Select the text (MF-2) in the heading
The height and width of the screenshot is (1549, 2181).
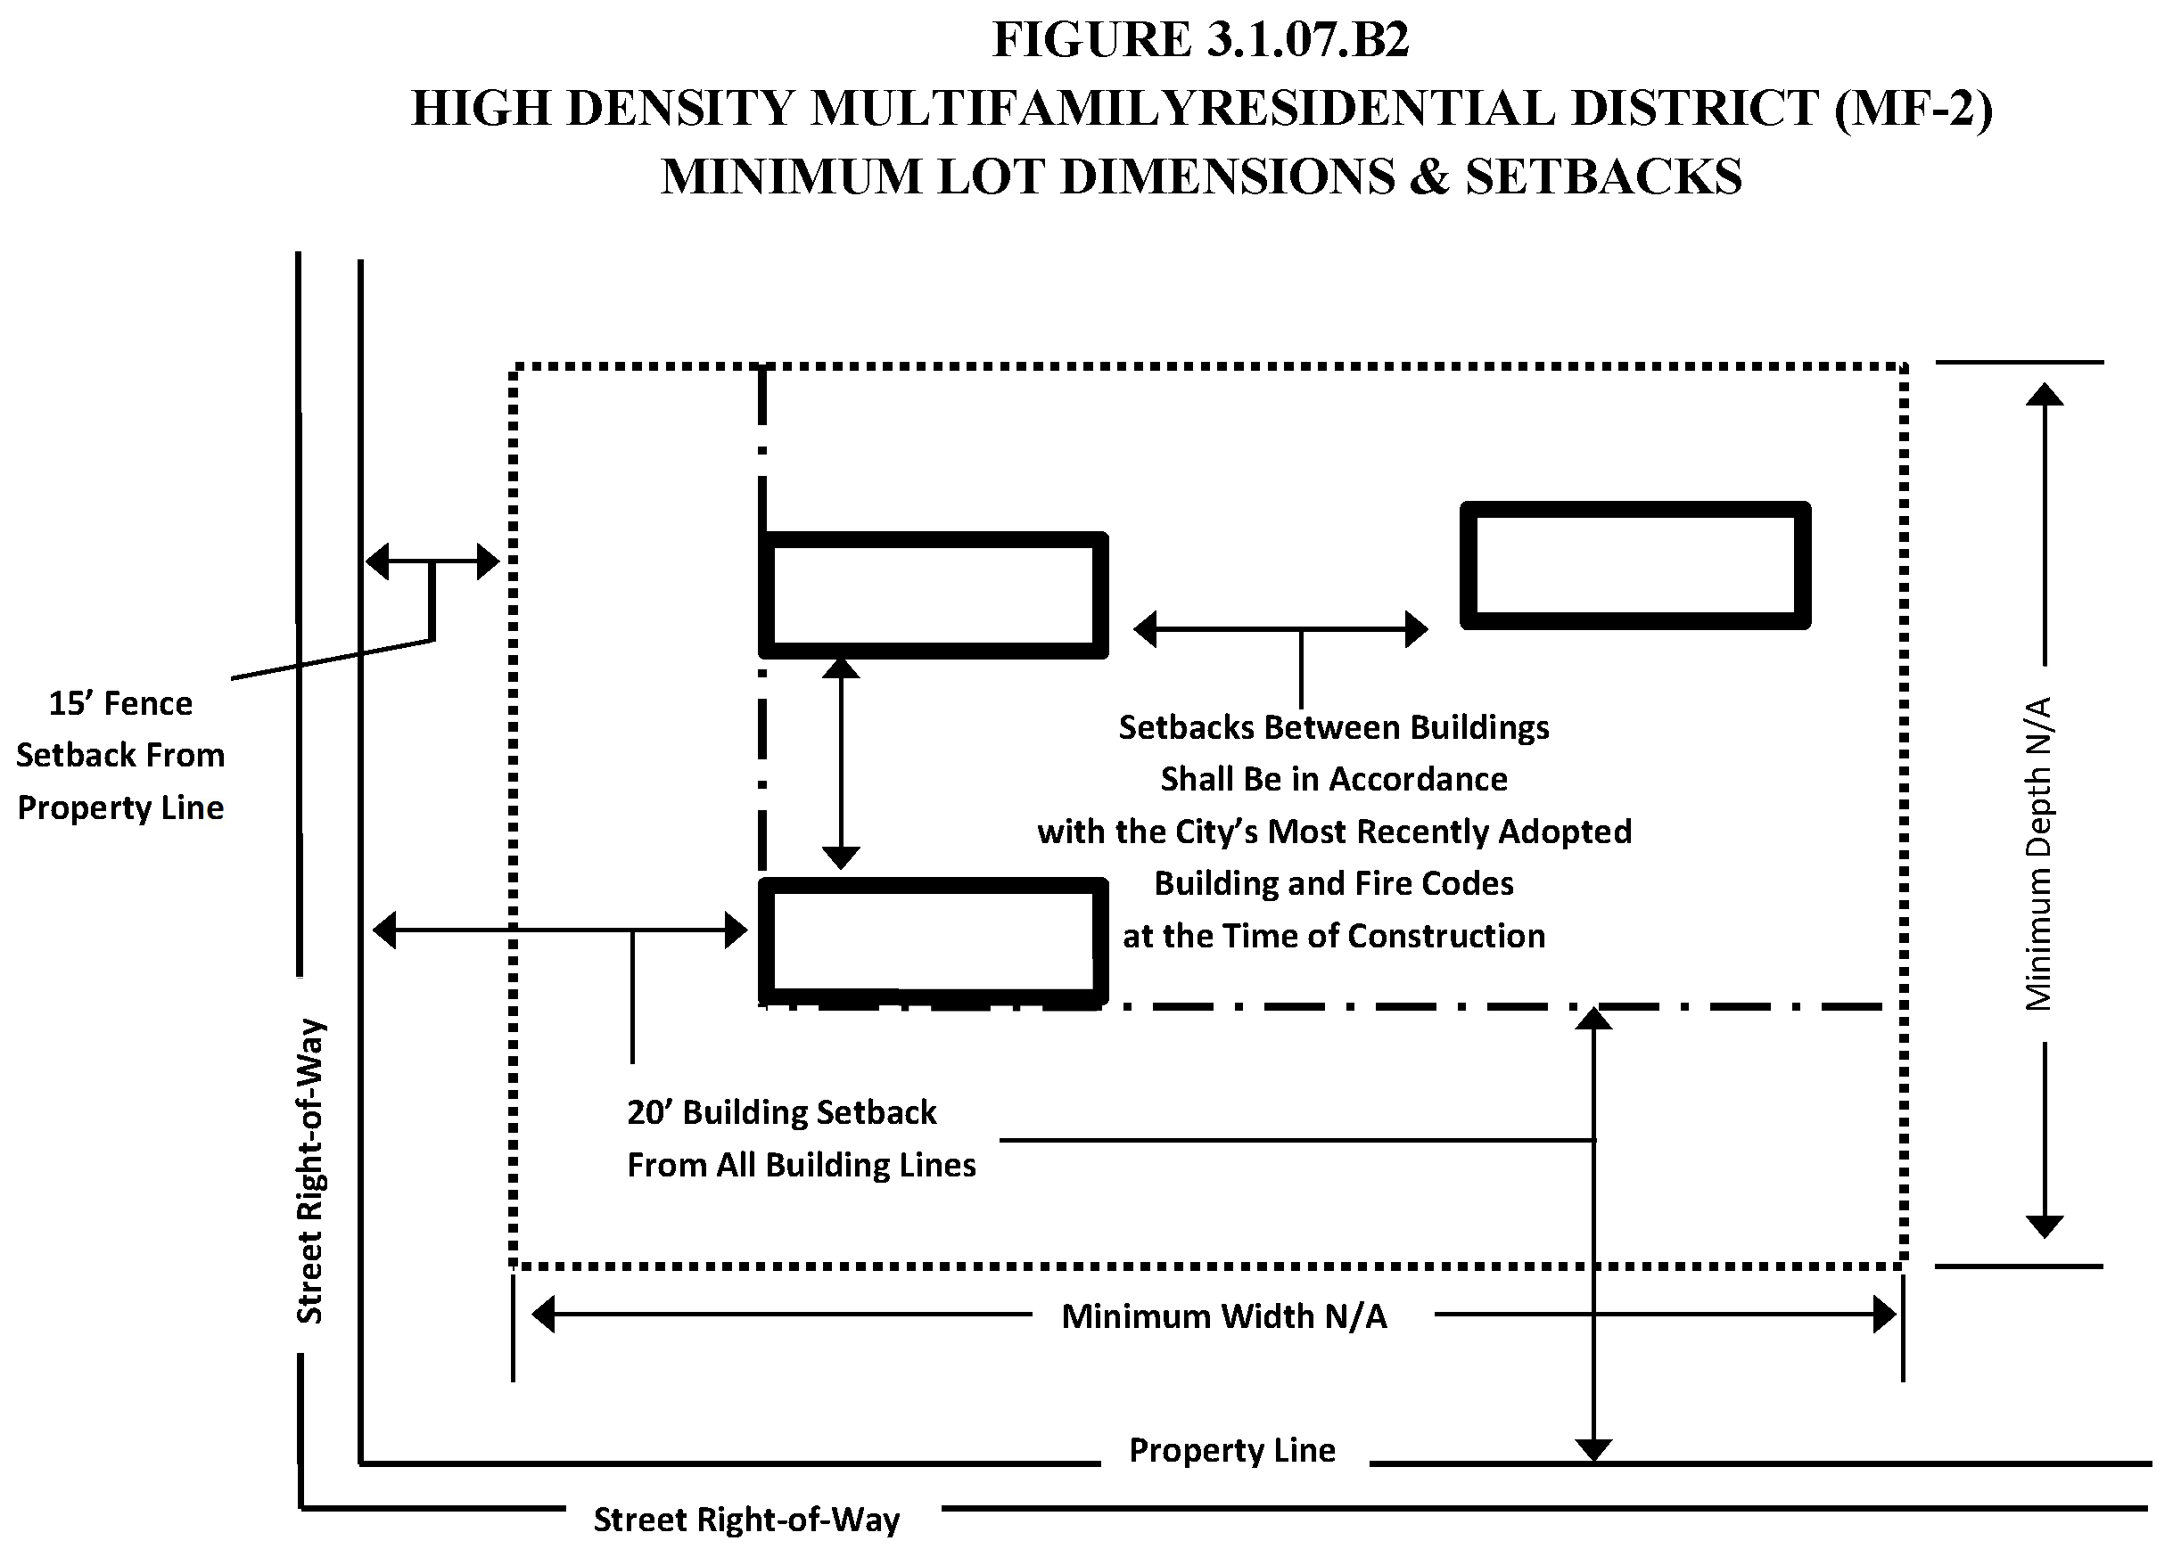[1913, 108]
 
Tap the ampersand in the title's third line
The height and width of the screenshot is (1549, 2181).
[1428, 177]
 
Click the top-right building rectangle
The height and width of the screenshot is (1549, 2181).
[1634, 565]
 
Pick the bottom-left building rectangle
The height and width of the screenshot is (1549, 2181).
[932, 940]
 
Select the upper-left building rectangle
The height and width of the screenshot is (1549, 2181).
[932, 595]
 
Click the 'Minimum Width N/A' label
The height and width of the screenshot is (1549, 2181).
[1224, 1316]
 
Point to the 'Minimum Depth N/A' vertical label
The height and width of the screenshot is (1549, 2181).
[2038, 854]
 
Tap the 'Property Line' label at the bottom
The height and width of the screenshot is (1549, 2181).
[1231, 1450]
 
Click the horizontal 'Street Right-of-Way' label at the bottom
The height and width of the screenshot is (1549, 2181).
[746, 1520]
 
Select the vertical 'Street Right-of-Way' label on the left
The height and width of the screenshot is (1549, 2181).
[310, 1171]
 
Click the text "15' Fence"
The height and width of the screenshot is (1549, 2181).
[120, 704]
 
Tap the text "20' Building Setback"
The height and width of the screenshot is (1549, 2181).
[781, 1112]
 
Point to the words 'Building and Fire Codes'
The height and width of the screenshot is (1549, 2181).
[1334, 884]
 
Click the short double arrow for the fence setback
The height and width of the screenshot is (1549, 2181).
[432, 561]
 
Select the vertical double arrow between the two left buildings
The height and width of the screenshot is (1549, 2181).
[841, 763]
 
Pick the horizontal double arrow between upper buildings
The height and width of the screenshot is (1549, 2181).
[1280, 629]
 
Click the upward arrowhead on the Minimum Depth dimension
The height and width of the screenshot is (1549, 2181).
[2044, 395]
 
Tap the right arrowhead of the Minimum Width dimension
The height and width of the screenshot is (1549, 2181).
[1883, 1315]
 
